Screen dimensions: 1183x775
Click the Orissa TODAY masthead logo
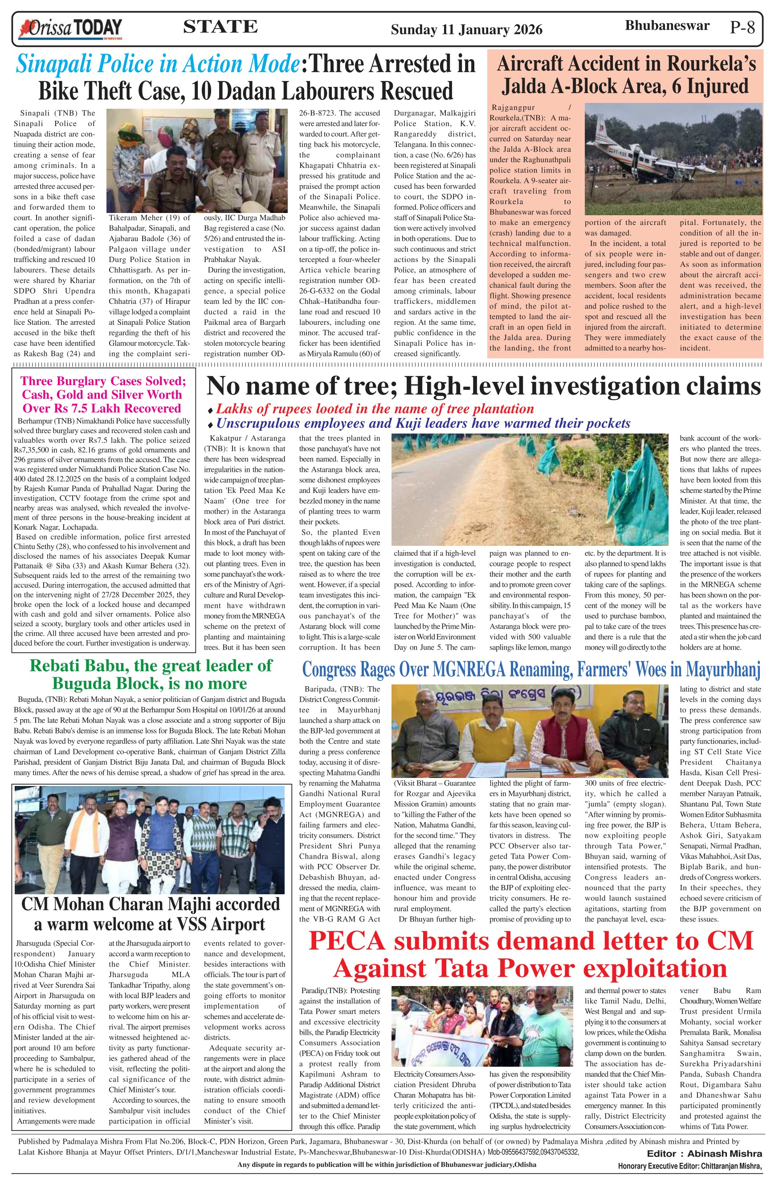[x=70, y=29]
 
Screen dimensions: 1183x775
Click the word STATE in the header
[x=220, y=27]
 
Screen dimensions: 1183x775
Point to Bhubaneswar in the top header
[x=667, y=26]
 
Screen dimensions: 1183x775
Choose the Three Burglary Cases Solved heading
[x=102, y=395]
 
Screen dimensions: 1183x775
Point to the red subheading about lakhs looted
[x=375, y=409]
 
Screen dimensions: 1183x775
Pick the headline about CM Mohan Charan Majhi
[x=151, y=913]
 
